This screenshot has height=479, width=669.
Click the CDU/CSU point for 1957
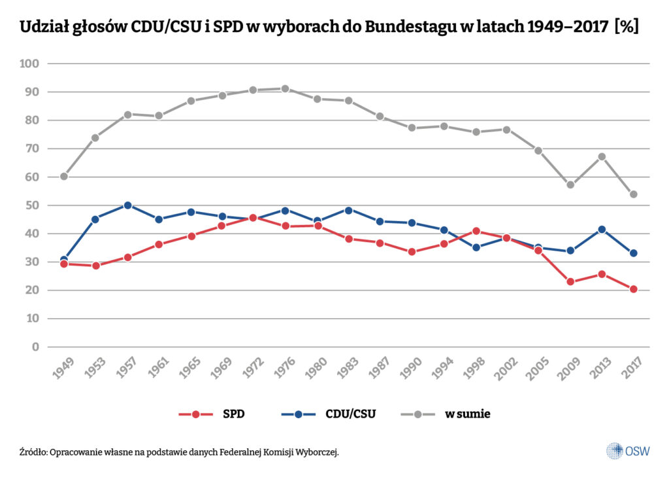coord(127,205)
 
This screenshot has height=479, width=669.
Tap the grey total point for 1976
coord(286,89)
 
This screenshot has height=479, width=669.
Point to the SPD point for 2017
coord(633,289)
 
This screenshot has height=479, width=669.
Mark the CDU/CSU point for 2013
coord(602,230)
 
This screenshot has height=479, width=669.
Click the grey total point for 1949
coord(64,177)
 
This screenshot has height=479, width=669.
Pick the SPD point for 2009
coord(570,282)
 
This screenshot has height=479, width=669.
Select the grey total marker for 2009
coord(570,185)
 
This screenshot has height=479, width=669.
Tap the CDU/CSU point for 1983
coord(348,211)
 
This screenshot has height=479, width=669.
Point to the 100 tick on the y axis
coord(31,64)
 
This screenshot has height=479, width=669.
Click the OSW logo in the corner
coord(627,451)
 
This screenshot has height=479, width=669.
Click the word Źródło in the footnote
coord(33,452)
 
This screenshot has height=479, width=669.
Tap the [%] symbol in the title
coord(625,27)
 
